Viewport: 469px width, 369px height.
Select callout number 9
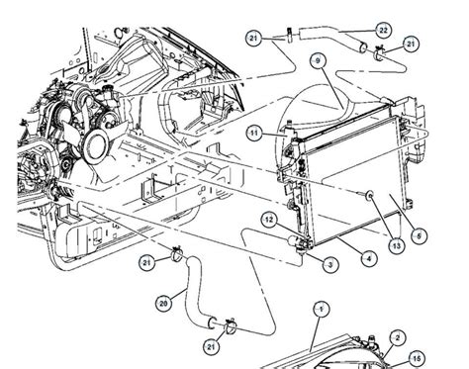319,61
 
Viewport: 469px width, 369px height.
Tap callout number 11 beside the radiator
254,133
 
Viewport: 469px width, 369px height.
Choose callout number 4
367,258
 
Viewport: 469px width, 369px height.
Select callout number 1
319,309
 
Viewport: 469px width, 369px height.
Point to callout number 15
417,359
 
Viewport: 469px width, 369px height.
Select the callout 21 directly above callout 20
146,260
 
